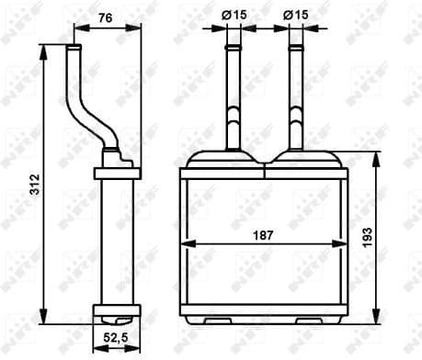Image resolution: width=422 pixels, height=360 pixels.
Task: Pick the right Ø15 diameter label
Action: click(296, 15)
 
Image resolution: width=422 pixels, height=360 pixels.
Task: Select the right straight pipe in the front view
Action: click(296, 96)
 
